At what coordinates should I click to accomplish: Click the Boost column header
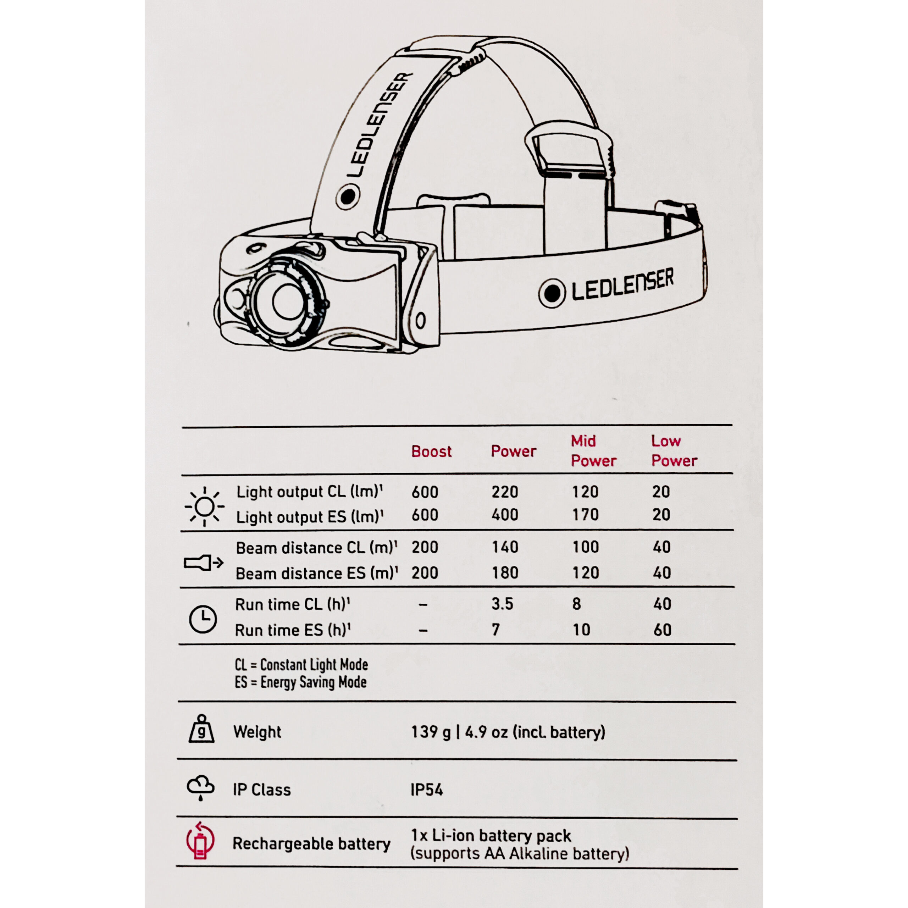(431, 451)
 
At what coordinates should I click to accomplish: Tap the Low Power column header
(674, 451)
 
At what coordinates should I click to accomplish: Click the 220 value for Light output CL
(505, 492)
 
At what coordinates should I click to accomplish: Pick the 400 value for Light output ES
(505, 515)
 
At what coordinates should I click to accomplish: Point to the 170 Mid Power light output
(585, 515)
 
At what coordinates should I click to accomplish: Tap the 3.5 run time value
(502, 604)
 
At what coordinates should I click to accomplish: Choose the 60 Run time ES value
(662, 630)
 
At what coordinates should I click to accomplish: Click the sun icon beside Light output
(204, 506)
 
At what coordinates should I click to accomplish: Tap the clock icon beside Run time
(203, 619)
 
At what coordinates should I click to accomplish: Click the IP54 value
(426, 790)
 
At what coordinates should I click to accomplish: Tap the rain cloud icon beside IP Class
(201, 788)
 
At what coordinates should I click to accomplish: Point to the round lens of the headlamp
(288, 302)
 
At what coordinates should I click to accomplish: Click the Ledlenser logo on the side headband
(606, 288)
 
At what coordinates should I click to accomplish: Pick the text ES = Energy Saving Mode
(301, 682)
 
